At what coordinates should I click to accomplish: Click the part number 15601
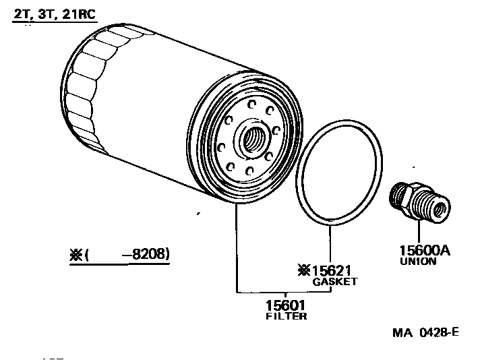coord(285,305)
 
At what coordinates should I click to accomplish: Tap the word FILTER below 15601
coord(286,316)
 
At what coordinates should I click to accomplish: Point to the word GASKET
coord(334,281)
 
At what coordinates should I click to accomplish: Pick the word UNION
coord(418,261)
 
